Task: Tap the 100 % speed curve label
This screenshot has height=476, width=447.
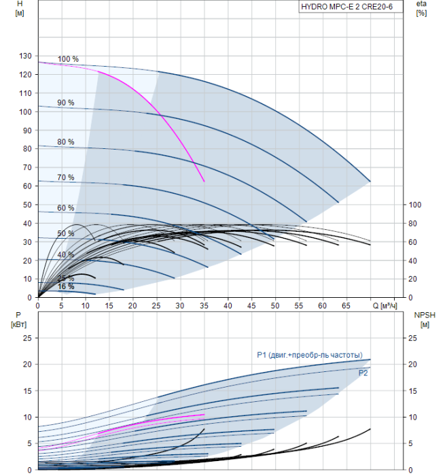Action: (x=68, y=59)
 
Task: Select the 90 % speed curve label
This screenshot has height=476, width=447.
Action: (x=66, y=103)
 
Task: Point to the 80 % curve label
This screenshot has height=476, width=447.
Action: (x=66, y=142)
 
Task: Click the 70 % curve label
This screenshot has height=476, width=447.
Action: (x=66, y=177)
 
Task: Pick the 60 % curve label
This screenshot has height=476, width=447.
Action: (x=66, y=208)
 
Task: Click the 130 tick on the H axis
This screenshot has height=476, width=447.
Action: (x=25, y=56)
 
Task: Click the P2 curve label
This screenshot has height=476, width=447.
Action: (x=363, y=373)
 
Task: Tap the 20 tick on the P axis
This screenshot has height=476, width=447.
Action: (x=28, y=364)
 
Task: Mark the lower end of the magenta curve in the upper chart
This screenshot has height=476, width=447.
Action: (x=204, y=182)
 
